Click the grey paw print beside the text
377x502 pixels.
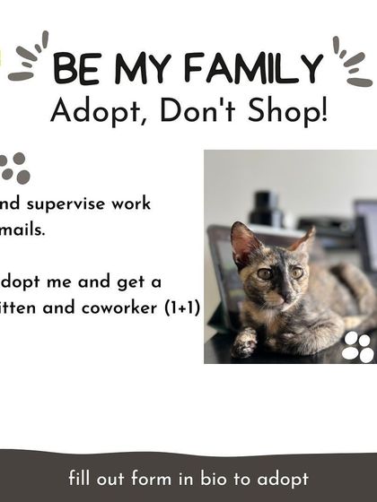coord(13,167)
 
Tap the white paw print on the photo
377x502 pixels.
coord(357,346)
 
